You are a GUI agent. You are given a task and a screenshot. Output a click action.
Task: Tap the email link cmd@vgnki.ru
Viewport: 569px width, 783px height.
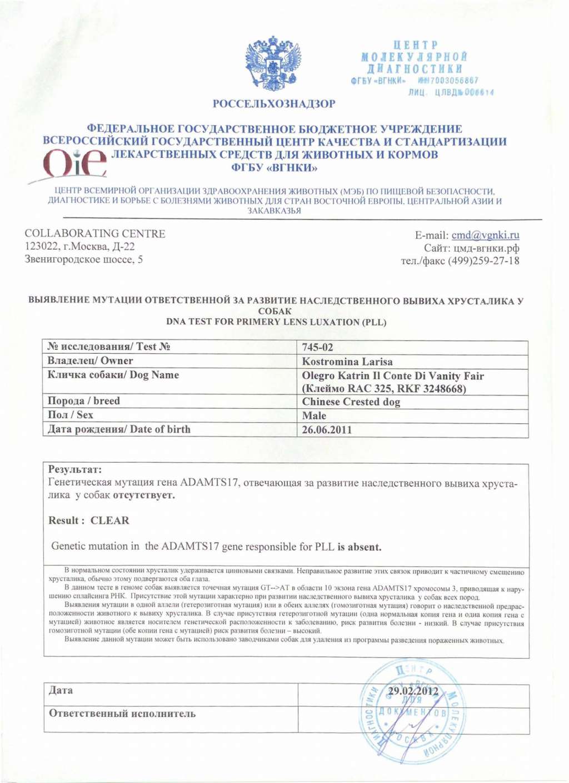(x=485, y=235)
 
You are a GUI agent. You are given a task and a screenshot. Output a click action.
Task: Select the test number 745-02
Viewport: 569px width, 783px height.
(x=317, y=348)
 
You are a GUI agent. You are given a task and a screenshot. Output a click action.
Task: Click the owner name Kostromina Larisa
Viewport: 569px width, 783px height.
(x=347, y=361)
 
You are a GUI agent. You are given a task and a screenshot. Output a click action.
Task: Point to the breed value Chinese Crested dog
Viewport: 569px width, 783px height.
(x=351, y=402)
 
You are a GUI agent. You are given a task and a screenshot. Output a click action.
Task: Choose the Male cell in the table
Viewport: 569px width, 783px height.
(x=314, y=415)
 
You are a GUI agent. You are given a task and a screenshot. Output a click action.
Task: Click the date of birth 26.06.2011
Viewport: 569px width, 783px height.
(x=327, y=430)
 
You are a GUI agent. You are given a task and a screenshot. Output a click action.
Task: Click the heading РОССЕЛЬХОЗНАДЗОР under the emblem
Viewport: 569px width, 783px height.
(x=274, y=103)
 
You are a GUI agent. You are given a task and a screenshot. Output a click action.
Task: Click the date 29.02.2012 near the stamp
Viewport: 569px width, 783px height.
(x=413, y=691)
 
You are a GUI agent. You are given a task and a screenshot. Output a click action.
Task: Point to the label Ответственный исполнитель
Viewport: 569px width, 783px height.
(x=122, y=713)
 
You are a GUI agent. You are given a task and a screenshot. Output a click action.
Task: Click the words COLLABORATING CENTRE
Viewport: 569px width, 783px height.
(x=95, y=234)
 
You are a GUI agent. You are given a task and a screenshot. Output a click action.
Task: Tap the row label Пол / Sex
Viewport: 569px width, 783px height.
(x=71, y=415)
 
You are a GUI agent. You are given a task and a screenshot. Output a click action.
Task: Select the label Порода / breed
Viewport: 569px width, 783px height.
(x=84, y=401)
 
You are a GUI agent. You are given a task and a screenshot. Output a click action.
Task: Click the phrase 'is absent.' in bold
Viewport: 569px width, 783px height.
(x=360, y=547)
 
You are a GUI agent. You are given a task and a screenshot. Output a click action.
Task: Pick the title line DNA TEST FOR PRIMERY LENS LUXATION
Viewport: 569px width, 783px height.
(x=276, y=322)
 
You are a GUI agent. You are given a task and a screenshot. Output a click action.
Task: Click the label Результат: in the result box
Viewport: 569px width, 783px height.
(x=75, y=469)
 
